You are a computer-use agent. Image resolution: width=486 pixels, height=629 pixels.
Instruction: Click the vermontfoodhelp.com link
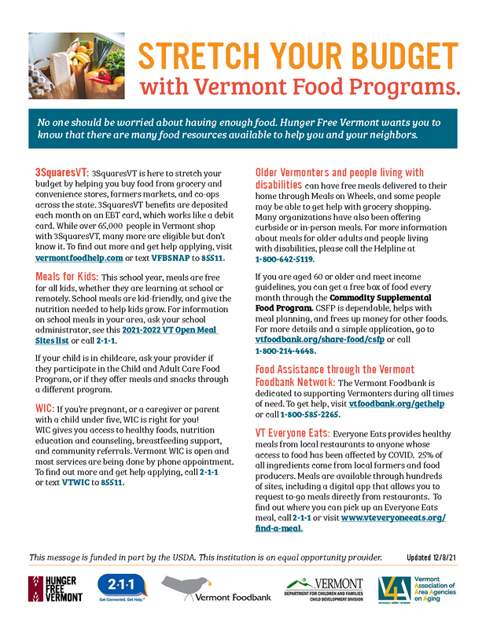(x=79, y=257)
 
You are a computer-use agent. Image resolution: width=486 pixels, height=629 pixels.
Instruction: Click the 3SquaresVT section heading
(x=61, y=171)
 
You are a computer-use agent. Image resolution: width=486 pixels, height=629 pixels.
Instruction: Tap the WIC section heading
(x=44, y=409)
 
